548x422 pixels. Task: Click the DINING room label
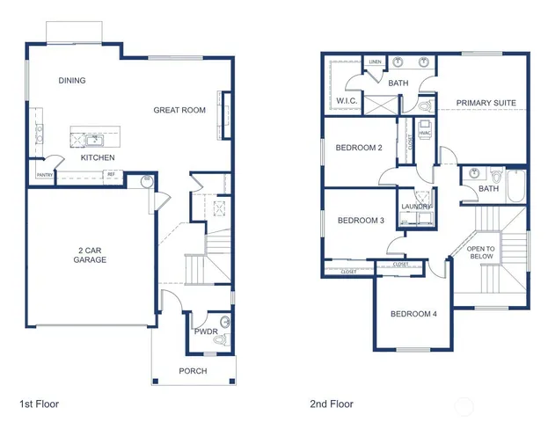point(72,81)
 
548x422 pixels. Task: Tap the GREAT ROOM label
point(179,110)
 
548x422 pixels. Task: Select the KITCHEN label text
point(98,158)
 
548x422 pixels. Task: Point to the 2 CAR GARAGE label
point(89,255)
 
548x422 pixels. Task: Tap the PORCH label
point(193,371)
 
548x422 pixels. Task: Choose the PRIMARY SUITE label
point(486,104)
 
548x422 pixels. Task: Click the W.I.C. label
point(346,101)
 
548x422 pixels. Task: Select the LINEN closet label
point(376,62)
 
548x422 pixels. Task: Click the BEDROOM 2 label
point(358,148)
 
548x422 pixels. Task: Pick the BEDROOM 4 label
point(413,314)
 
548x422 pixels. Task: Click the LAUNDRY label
point(416,207)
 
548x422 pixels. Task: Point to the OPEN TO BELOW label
point(480,253)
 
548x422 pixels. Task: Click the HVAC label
point(425,133)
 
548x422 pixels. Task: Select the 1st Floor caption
point(39,404)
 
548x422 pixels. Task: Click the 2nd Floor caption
point(332,404)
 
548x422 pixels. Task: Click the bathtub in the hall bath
point(515,187)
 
